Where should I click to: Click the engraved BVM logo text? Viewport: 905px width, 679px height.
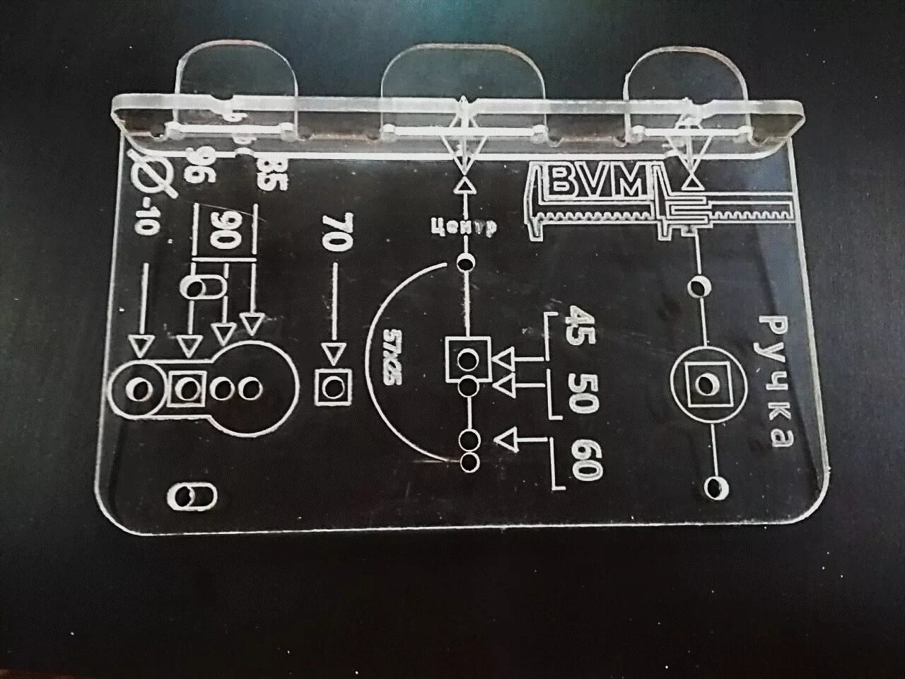(x=599, y=182)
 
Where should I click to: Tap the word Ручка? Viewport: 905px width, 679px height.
(x=777, y=383)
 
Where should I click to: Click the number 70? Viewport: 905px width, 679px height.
(x=336, y=232)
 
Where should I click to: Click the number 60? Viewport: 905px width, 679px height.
(x=588, y=460)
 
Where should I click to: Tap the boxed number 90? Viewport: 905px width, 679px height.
(x=221, y=230)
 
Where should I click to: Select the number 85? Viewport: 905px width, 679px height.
(x=271, y=174)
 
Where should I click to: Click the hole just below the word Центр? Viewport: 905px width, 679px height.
(x=466, y=264)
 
